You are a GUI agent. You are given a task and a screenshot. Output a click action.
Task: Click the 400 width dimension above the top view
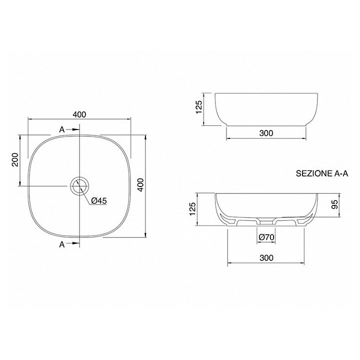[x=79, y=114]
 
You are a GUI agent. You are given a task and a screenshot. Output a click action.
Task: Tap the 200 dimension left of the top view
[x=15, y=159]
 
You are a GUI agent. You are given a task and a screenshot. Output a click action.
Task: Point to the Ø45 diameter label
[x=99, y=201]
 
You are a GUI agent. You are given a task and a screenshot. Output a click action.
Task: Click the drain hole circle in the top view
[x=79, y=186]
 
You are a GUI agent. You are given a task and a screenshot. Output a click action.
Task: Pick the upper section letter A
[x=61, y=129]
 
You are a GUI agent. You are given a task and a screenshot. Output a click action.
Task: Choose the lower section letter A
[x=61, y=244]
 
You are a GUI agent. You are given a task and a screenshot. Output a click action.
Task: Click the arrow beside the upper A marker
[x=73, y=129]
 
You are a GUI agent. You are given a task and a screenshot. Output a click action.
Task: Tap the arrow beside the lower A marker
[x=73, y=244]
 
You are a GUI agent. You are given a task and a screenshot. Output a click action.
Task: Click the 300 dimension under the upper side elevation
[x=266, y=133]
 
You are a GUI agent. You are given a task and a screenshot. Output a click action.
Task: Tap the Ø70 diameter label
[x=266, y=236]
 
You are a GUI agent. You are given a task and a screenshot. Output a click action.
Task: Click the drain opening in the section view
[x=266, y=222]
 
